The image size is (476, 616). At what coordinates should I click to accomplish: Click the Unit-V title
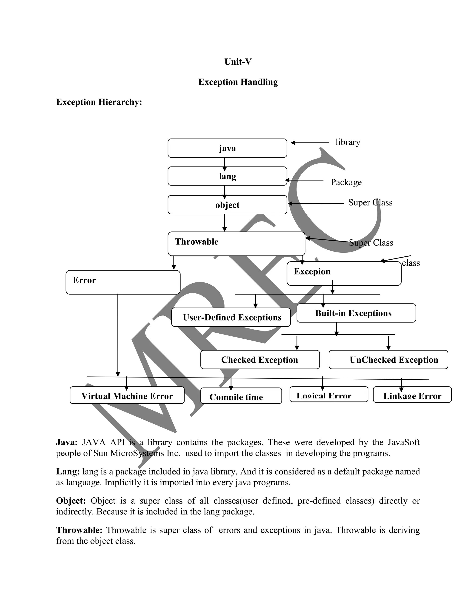point(238,62)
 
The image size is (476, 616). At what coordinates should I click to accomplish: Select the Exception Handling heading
point(238,82)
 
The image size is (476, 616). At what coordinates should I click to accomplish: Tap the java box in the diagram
point(227,148)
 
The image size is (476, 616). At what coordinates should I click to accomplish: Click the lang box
point(227,176)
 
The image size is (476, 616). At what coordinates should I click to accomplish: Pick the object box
point(227,205)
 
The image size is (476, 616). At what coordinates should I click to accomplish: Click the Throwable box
point(236,244)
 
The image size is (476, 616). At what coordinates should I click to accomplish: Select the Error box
point(123,282)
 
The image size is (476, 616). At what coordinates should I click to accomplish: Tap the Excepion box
point(344,273)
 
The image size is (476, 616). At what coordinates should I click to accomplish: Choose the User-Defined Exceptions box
point(231,317)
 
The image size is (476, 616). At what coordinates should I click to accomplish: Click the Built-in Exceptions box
point(356,313)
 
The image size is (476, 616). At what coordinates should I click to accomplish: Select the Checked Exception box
point(260,360)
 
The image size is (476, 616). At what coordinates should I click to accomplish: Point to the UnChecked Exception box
point(388,360)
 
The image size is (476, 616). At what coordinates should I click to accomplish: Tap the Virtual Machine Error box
point(127,395)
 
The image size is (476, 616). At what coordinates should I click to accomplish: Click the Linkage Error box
point(412,395)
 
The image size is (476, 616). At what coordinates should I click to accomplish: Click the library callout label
point(348,142)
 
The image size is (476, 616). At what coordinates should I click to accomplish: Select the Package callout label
point(346,182)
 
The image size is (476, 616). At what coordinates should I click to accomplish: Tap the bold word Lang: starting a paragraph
point(68,471)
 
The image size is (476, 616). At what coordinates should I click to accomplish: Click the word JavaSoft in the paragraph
point(403,442)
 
